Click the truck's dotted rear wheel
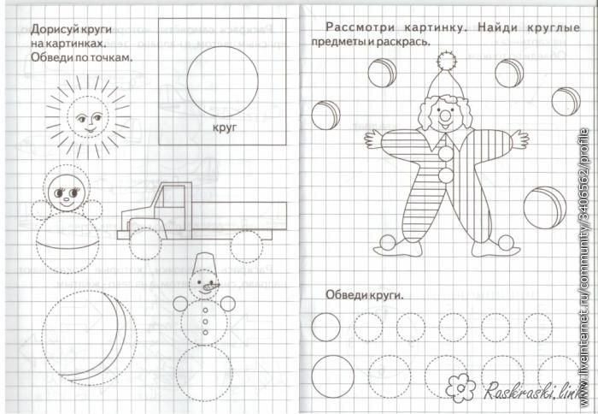(246, 245)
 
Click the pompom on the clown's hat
(443, 61)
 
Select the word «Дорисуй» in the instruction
(49, 28)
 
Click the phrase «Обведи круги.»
(365, 295)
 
